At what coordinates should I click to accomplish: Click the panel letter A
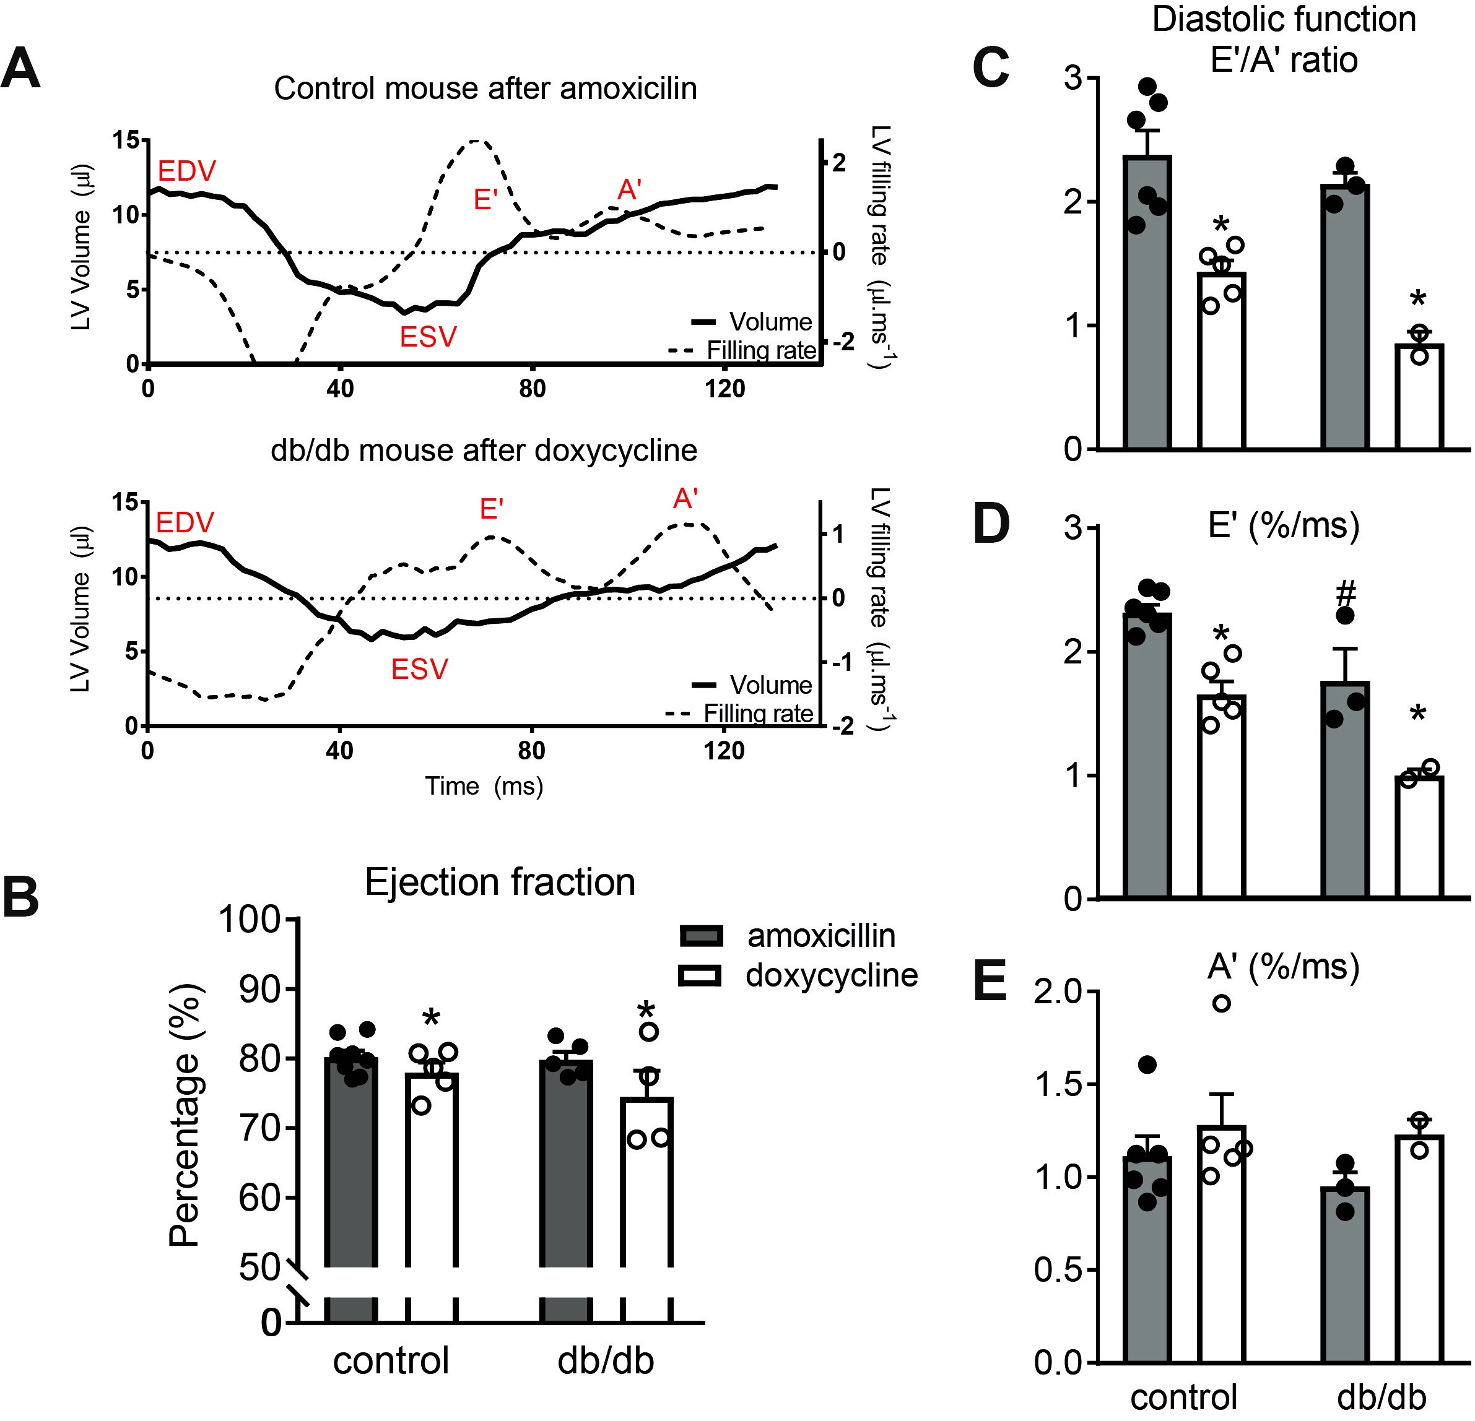(x=21, y=70)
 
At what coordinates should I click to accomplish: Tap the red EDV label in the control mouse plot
(x=186, y=171)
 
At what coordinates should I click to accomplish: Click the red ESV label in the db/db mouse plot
(x=419, y=669)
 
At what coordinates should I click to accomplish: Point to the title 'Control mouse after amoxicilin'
(x=485, y=89)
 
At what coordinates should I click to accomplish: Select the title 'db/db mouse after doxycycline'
(x=484, y=451)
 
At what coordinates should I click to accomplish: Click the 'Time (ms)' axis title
(x=484, y=786)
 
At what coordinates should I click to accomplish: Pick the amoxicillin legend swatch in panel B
(x=700, y=936)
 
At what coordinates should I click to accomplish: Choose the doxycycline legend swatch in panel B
(x=700, y=975)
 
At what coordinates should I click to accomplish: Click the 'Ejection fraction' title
(x=500, y=882)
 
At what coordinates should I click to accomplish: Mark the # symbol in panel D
(x=1346, y=593)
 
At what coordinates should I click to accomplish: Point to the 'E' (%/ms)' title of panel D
(x=1284, y=526)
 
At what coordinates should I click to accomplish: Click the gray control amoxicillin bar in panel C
(x=1147, y=301)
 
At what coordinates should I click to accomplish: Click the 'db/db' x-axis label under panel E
(x=1381, y=1397)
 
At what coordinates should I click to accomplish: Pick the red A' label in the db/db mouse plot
(x=685, y=499)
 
